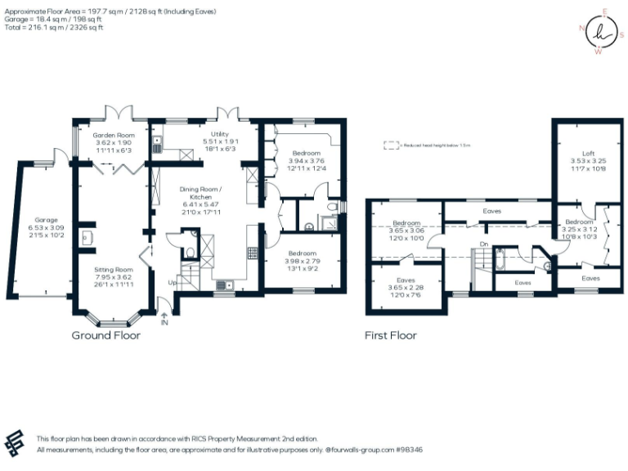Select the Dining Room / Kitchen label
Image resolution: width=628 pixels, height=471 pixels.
[x=207, y=192]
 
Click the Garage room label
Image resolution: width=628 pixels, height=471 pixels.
[x=47, y=220]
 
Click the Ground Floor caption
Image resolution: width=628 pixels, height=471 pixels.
[x=106, y=335]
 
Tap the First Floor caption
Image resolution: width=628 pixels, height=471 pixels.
[x=391, y=335]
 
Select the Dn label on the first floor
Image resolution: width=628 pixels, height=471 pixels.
[x=484, y=243]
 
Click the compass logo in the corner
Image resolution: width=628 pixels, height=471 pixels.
[x=599, y=33]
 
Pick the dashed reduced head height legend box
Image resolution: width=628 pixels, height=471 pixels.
[x=392, y=146]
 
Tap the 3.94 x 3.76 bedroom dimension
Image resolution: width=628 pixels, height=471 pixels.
[x=307, y=161]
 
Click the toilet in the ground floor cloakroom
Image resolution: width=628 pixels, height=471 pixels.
[x=190, y=253]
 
